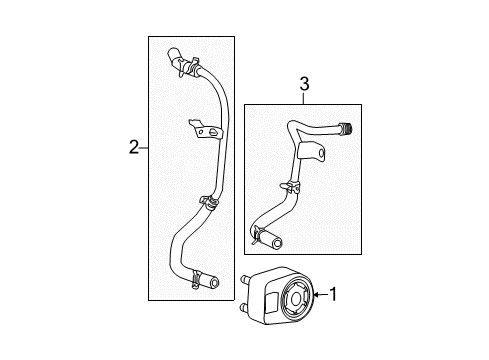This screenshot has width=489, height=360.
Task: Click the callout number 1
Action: tap(334, 295)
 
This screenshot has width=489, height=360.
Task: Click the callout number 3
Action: tap(302, 87)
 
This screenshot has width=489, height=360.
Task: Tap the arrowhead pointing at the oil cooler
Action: tap(314, 295)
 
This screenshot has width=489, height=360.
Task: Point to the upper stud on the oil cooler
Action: tap(244, 279)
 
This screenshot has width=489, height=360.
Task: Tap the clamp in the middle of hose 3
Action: tap(290, 185)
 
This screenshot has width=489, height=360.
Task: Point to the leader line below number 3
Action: tap(302, 99)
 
